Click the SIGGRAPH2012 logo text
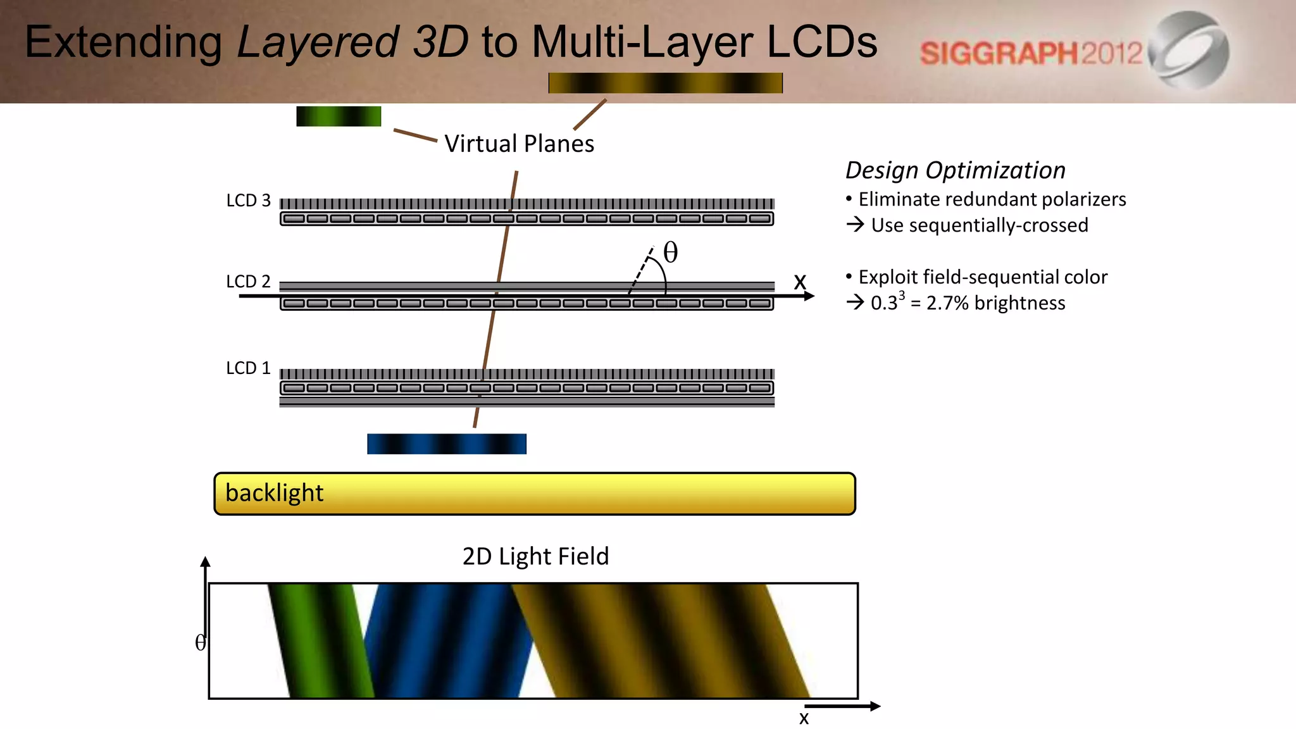1031,53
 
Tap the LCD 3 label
248,201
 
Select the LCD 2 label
248,281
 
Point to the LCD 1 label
248,368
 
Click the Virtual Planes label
519,144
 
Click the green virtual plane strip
339,116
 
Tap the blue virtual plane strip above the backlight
447,444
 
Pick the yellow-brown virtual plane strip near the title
665,83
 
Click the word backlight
274,493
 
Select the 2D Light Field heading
535,556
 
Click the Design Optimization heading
955,170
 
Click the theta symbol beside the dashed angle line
670,252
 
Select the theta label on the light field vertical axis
200,643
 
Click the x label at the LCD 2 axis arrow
800,282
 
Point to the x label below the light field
804,718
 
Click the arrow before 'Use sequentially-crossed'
855,225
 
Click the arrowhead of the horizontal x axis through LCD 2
809,296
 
